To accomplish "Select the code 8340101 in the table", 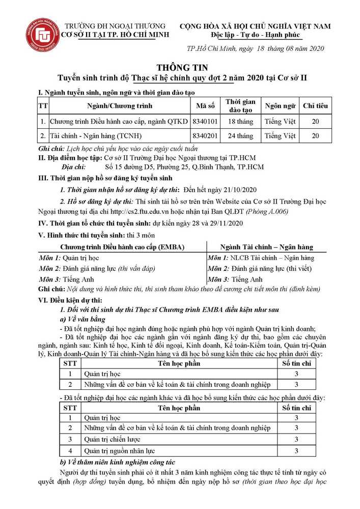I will (x=205, y=122).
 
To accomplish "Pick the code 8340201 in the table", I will (x=205, y=136).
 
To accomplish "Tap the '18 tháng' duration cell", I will (x=240, y=122).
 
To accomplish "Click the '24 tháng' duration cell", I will (x=240, y=136).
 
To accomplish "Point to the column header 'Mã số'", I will (x=205, y=106).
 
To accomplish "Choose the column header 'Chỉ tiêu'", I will (x=315, y=106).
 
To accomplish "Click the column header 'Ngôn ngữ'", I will (x=280, y=106).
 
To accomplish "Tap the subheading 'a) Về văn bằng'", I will (x=83, y=319).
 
